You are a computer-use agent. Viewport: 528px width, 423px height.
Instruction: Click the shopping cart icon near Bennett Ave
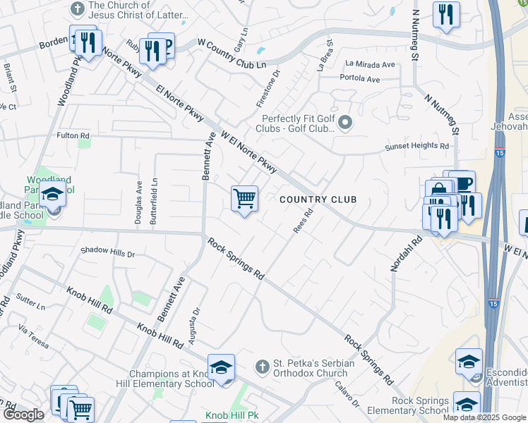coord(244,199)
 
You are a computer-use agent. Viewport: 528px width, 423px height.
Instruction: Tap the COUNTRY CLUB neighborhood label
coord(318,200)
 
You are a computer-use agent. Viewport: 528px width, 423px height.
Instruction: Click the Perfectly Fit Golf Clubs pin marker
coord(345,124)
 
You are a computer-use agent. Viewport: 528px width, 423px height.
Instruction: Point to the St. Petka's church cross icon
coord(263,367)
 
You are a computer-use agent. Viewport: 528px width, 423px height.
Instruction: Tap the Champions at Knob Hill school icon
coord(221,368)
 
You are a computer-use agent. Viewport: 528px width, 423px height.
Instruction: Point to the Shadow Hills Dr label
coord(107,251)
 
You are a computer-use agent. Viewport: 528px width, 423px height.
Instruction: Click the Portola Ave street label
coord(360,78)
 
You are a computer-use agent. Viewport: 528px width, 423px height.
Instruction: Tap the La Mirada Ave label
coord(368,64)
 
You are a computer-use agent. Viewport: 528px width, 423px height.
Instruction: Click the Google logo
coord(23,415)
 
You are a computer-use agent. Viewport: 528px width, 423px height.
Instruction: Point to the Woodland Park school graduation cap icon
coord(53,194)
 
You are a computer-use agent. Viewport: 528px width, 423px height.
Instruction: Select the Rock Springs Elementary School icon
coord(466,404)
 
